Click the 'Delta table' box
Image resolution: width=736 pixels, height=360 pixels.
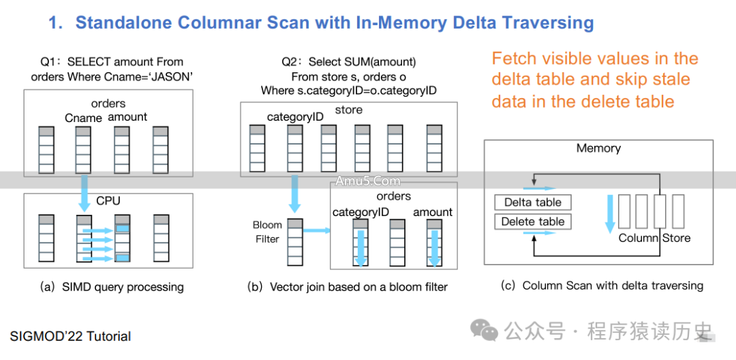532,202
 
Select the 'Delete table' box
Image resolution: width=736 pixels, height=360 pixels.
532,222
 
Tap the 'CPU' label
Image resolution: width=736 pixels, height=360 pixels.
108,201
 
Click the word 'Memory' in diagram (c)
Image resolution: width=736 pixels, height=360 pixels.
598,148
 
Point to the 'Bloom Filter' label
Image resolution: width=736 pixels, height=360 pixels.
266,232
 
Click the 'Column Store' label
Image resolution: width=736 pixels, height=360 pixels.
654,238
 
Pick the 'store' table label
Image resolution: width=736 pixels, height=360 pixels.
349,110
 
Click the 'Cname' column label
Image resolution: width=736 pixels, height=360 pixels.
83,117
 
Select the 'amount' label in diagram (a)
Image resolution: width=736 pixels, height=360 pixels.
127,117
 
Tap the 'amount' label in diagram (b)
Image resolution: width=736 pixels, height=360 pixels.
433,212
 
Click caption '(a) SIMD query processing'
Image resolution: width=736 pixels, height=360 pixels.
112,287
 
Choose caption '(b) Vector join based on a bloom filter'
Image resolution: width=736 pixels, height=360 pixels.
347,287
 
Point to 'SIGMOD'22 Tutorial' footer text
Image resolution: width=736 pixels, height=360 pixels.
70,336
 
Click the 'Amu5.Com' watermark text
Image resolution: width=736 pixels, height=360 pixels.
367,181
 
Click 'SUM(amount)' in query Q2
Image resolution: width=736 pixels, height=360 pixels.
382,62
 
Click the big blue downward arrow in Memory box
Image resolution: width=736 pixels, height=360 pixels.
610,212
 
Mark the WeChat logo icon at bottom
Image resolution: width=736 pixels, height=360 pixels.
489,331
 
